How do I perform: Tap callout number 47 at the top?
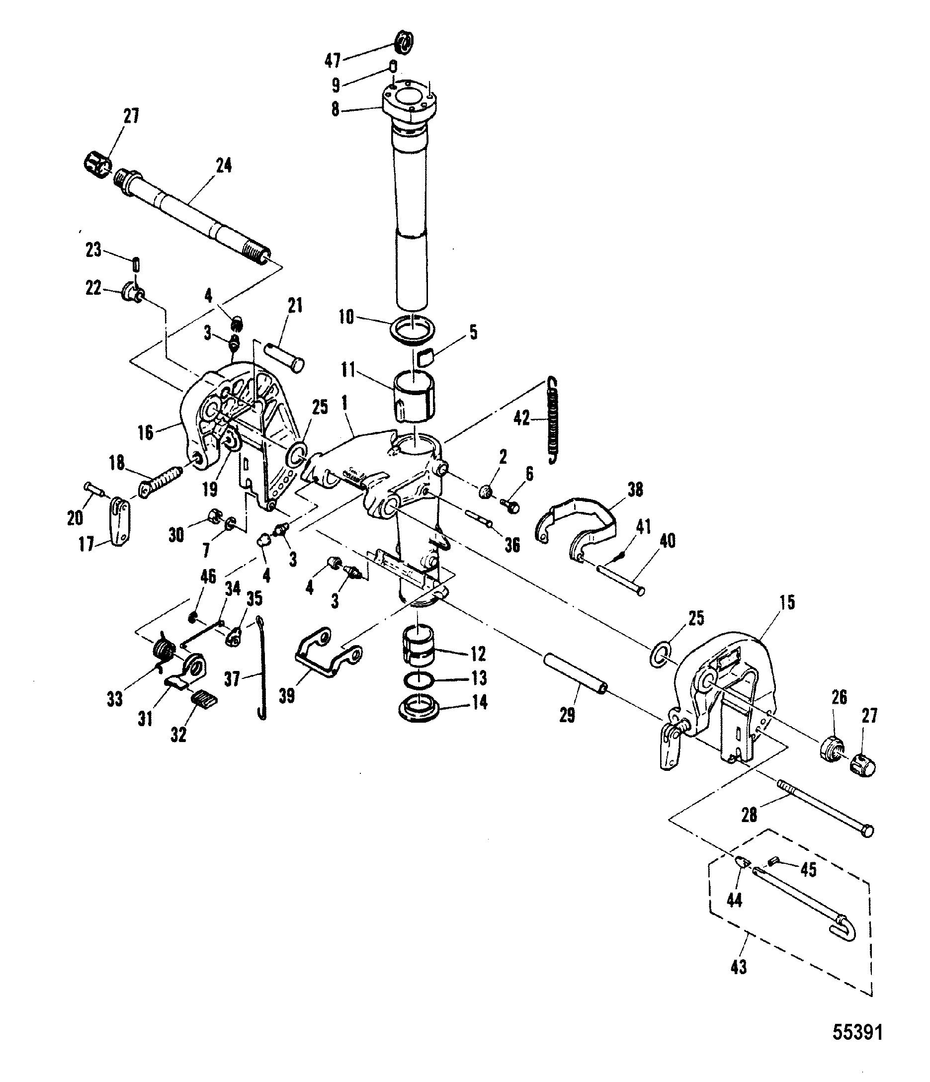click(x=333, y=61)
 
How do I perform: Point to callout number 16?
click(x=146, y=432)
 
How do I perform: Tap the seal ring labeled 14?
click(x=421, y=709)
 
